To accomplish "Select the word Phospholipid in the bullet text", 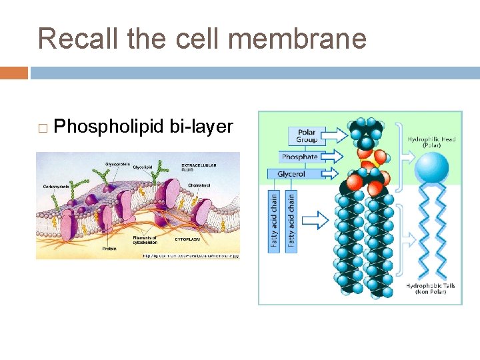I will pos(108,126).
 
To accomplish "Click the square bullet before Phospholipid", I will pos(43,127).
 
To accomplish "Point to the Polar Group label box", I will pos(307,136).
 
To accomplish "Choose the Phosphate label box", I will pos(299,157).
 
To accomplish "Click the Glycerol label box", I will pos(291,174).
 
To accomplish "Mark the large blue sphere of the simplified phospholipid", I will pos(431,167).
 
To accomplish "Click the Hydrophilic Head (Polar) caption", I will pos(431,143).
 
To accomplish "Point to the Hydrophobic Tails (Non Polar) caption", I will pos(431,289).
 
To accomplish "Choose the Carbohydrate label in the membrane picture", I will pos(57,187).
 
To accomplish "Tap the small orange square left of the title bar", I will pos(14,73).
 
